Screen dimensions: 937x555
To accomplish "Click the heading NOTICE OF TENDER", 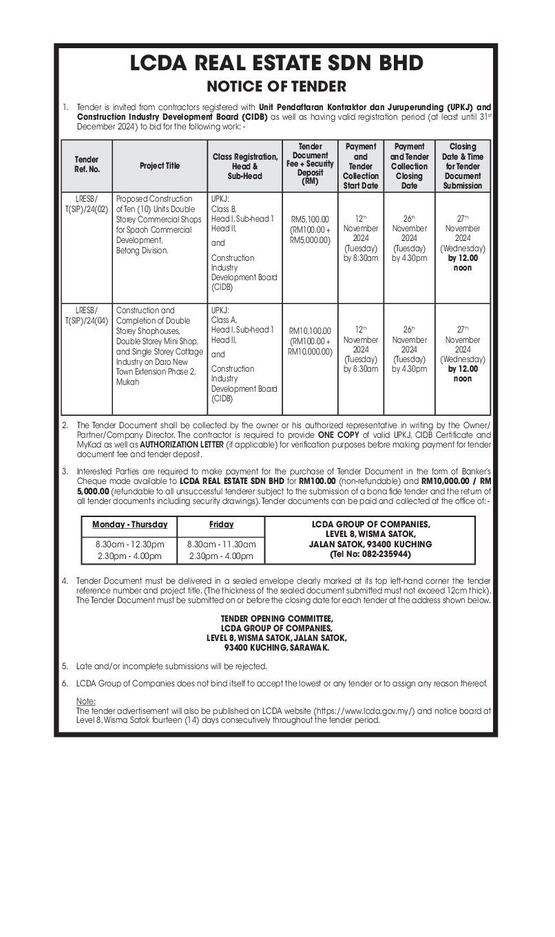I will click(x=277, y=87).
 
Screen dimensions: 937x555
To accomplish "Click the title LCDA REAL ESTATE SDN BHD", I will click(x=277, y=64).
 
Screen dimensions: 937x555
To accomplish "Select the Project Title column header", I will click(x=159, y=166).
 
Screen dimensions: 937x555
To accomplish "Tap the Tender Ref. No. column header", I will click(x=87, y=166).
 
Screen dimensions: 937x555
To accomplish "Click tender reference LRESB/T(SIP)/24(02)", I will click(x=87, y=204).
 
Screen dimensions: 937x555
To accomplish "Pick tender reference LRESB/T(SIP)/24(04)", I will click(x=87, y=315).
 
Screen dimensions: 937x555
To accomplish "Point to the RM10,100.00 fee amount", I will click(x=311, y=330).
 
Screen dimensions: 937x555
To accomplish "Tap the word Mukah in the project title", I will click(x=128, y=382).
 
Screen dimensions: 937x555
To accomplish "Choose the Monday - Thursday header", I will click(x=130, y=525).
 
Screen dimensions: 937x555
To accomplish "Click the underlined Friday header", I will click(x=221, y=525).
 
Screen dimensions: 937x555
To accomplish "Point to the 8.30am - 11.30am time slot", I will click(x=221, y=544).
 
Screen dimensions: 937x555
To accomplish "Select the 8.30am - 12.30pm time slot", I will click(x=130, y=544).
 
